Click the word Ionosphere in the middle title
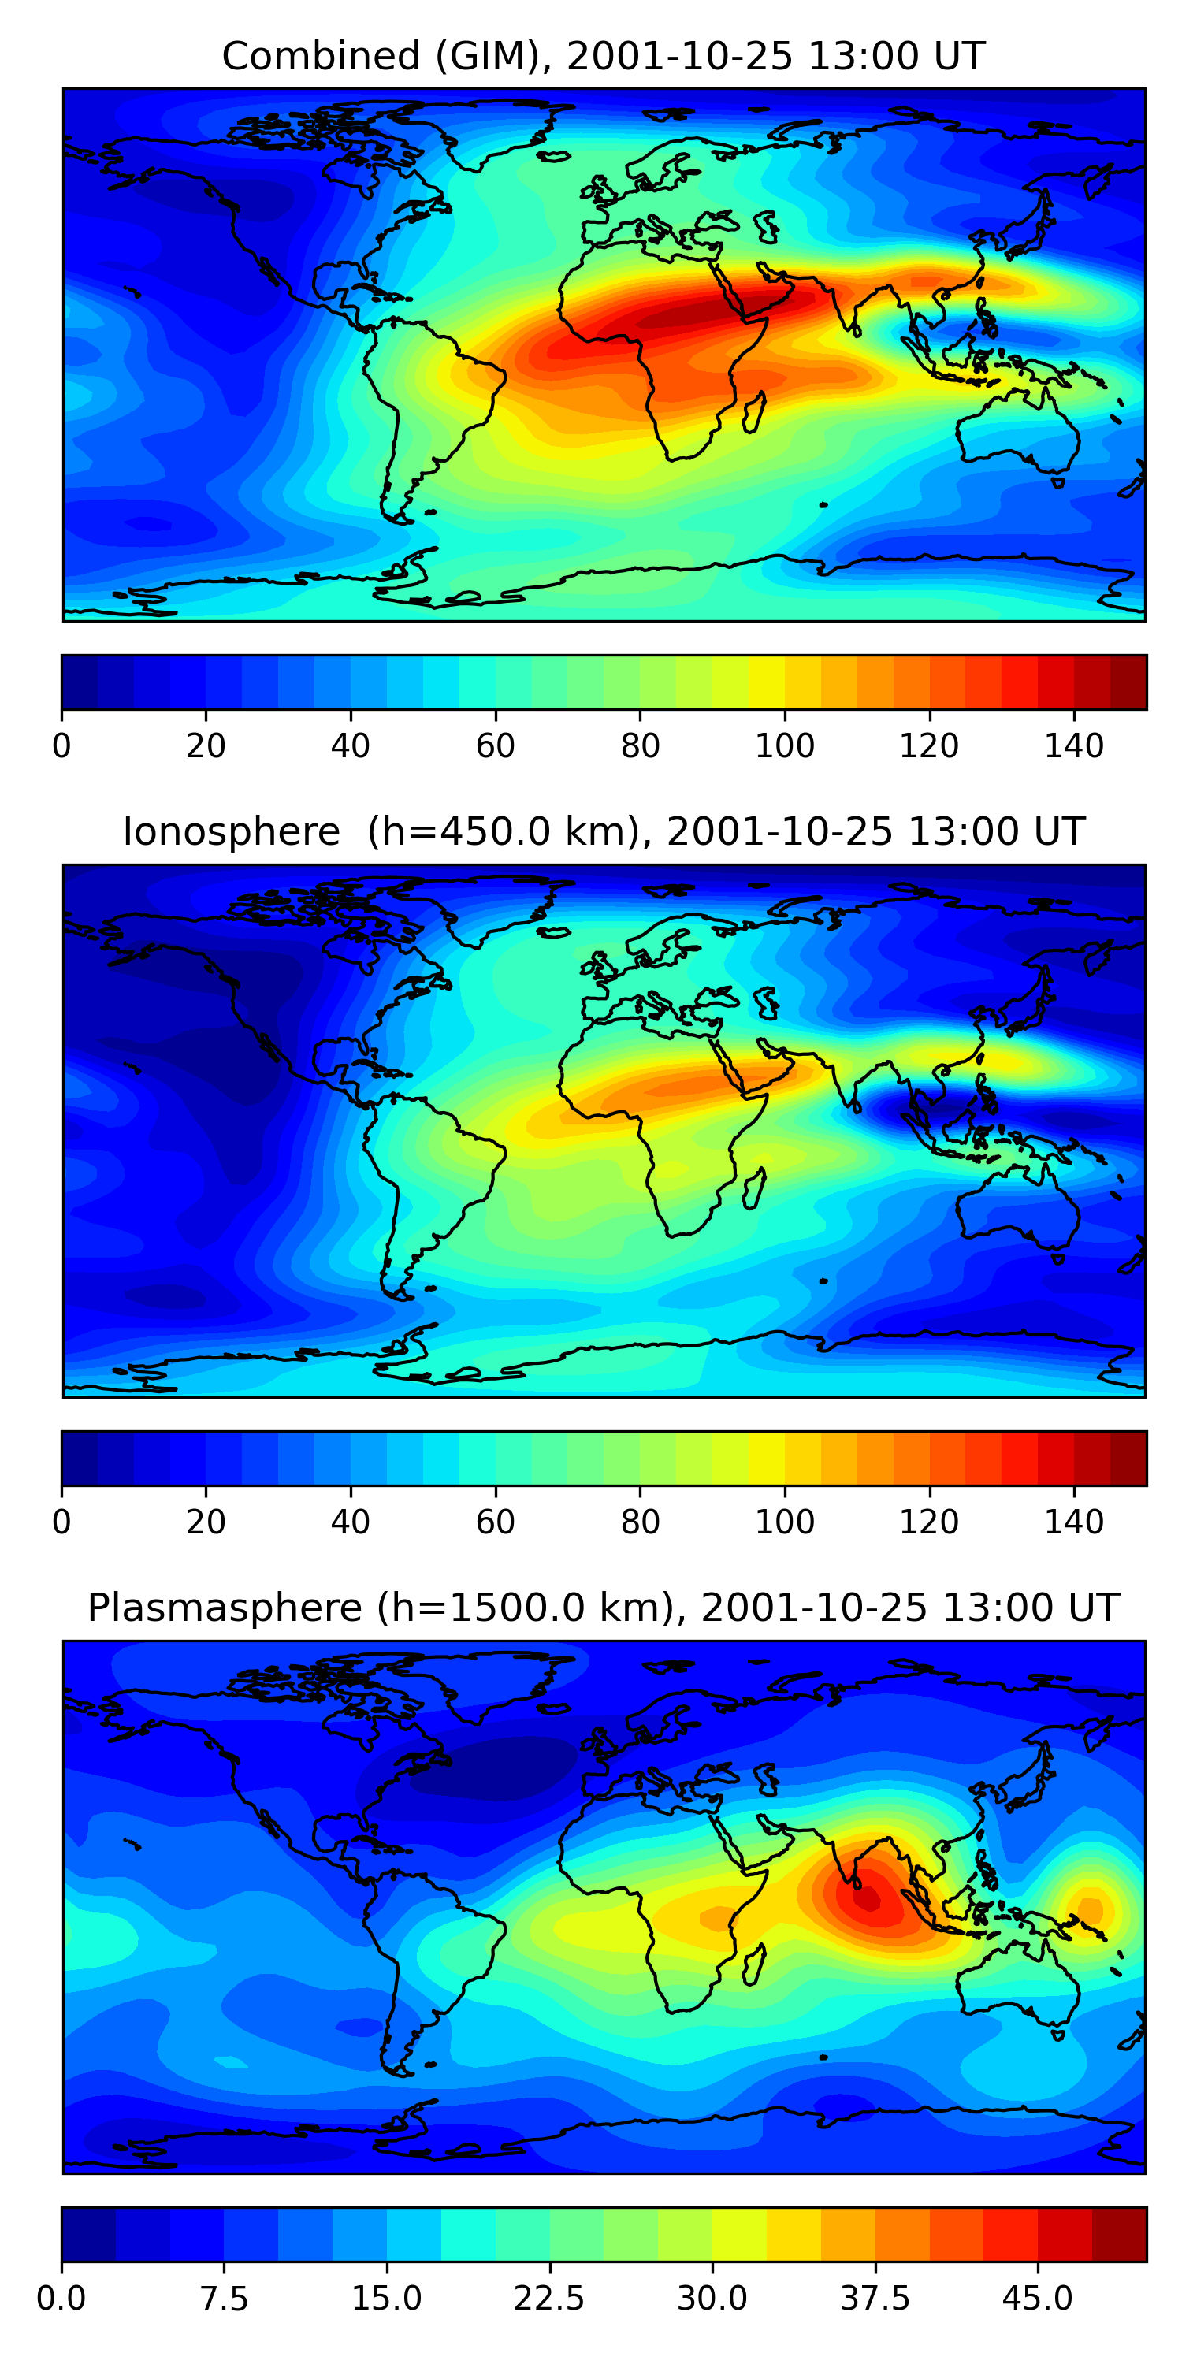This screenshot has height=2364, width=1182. pos(231,831)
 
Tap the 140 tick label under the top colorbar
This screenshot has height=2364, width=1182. pos(1074,746)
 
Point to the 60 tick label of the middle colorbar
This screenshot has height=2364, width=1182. pos(496,1522)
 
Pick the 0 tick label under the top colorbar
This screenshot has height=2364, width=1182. pos(61,746)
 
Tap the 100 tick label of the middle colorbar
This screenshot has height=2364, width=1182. pos(785,1522)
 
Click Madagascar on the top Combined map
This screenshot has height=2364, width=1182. pos(754,412)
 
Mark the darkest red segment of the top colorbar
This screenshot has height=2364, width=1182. pos(1128,682)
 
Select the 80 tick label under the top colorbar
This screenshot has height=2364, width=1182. pos(640,746)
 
